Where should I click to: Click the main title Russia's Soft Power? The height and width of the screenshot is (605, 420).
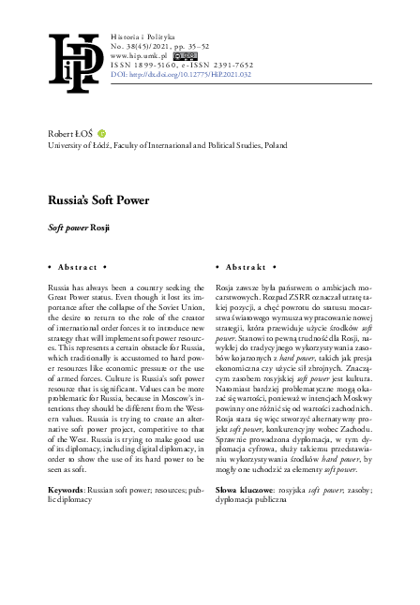[89, 199]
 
